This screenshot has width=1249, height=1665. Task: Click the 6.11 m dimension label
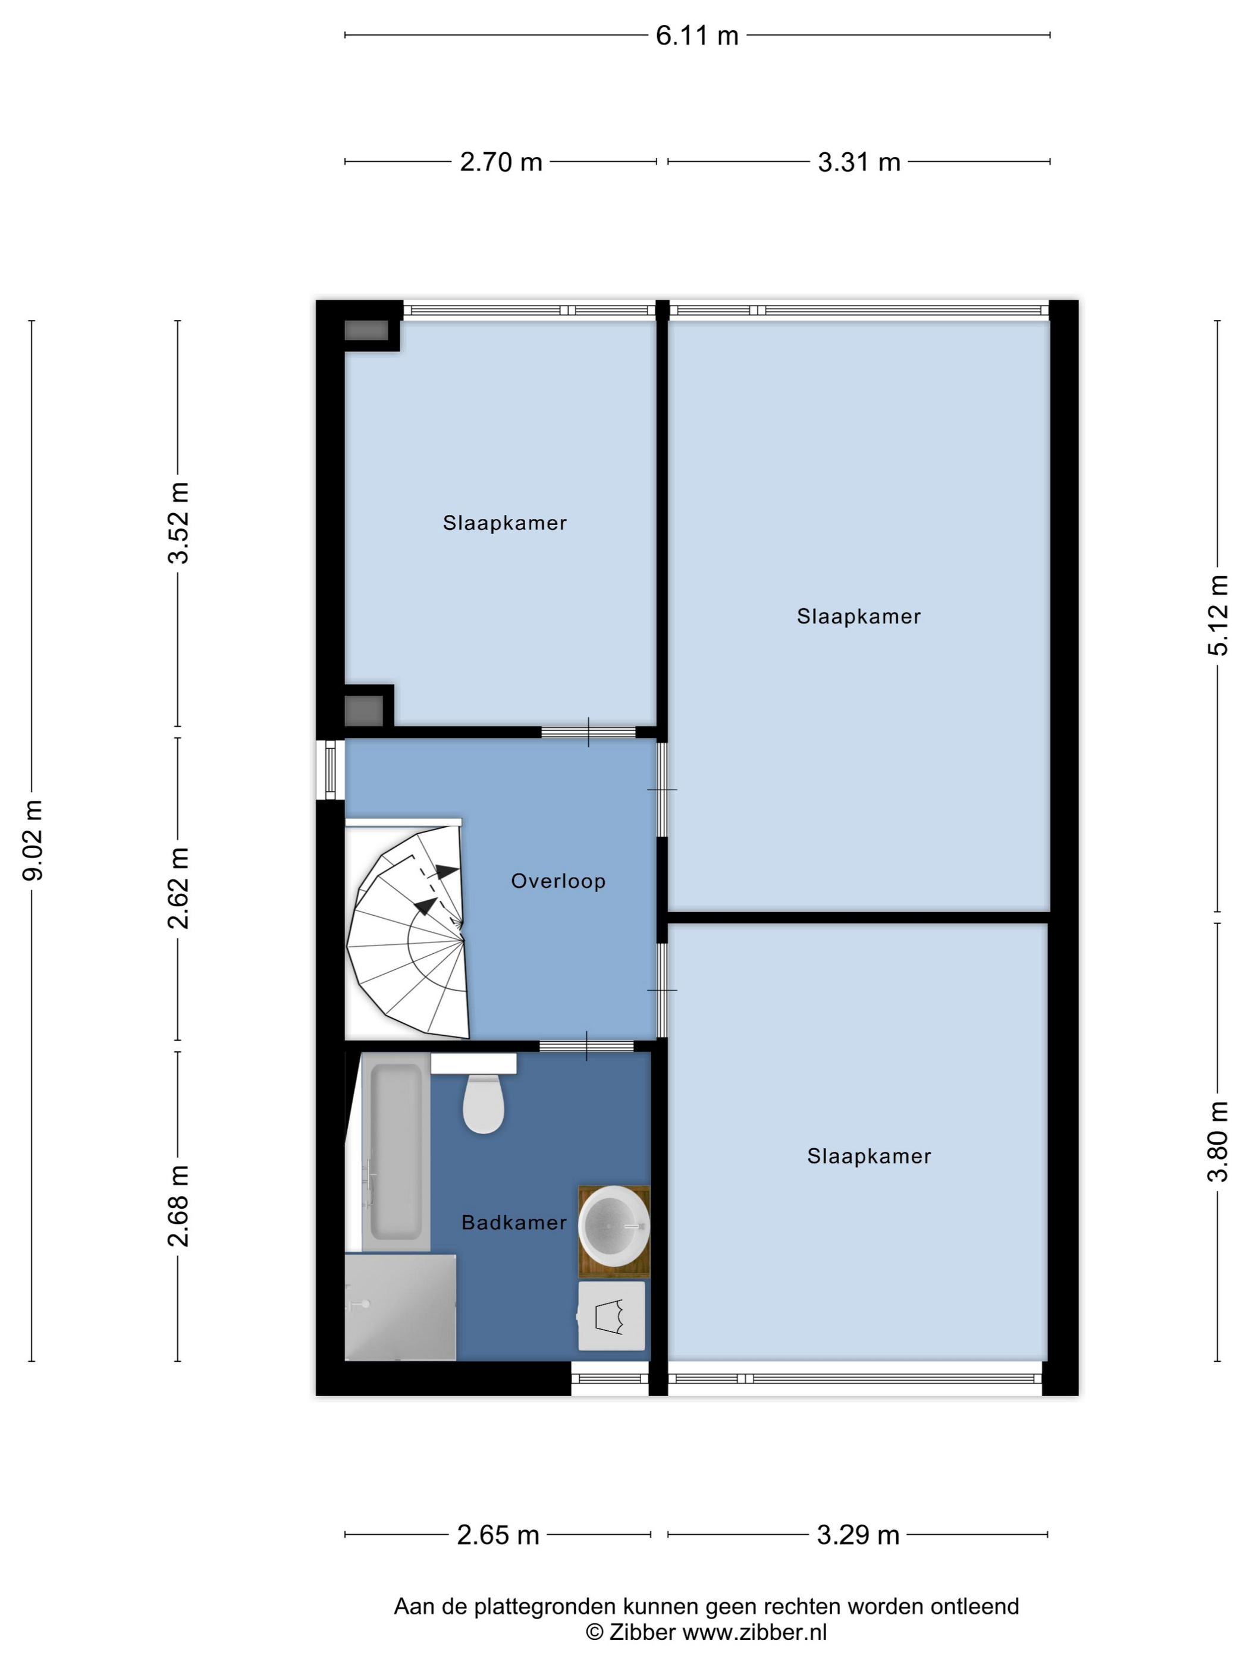tap(696, 35)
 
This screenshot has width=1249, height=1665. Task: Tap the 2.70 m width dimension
tap(501, 162)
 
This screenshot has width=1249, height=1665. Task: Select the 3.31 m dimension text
tap(859, 162)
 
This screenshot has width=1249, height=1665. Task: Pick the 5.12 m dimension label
tap(1218, 615)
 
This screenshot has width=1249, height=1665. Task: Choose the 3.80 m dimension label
tap(1218, 1141)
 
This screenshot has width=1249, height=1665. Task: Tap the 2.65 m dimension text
tap(498, 1535)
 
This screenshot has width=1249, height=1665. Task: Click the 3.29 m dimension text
tap(858, 1535)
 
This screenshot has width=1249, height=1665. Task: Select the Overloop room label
tap(558, 881)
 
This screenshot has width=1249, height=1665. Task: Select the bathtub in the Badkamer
tap(396, 1152)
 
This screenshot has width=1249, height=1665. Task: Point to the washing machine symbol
tap(611, 1316)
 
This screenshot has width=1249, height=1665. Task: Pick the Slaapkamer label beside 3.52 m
tap(504, 523)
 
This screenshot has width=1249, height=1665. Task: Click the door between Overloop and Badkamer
tap(587, 1045)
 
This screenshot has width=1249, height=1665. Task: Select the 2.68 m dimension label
tap(179, 1206)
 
